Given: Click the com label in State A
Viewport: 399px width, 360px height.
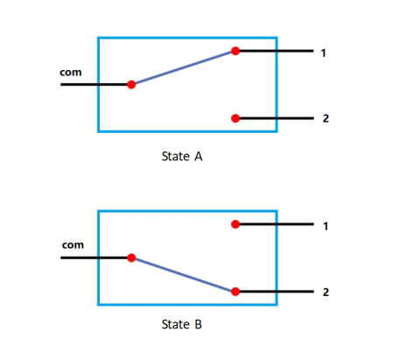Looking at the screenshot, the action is [71, 72].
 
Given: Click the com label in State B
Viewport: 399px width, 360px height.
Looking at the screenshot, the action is [73, 245].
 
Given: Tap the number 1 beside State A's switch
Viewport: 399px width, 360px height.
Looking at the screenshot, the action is [323, 53].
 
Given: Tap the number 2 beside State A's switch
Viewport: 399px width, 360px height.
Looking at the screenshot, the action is [325, 118].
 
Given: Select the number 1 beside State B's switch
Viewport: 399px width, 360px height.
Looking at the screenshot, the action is [325, 226].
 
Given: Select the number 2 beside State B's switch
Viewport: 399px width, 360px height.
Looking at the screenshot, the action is [325, 292].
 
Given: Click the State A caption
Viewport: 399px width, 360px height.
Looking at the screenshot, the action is [182, 157].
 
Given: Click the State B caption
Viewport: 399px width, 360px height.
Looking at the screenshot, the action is [182, 324].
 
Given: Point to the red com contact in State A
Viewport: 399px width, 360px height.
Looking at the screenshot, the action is [131, 85].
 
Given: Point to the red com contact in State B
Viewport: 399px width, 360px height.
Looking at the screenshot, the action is [131, 258].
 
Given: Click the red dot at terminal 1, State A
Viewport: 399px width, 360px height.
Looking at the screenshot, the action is [235, 51].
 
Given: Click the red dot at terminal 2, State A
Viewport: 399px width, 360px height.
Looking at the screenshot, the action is [235, 118].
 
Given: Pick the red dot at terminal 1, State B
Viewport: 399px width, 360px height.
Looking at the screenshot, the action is [235, 224].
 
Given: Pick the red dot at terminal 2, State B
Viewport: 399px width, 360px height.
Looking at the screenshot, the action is [235, 292].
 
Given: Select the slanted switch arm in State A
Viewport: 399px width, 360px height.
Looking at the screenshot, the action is [184, 67].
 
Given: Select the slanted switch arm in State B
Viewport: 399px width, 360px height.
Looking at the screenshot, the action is [184, 275].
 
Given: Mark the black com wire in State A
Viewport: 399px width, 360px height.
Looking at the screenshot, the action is [94, 85].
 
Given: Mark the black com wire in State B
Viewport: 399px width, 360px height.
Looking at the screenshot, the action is [94, 258].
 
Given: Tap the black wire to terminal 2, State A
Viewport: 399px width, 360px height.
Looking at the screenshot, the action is [276, 118].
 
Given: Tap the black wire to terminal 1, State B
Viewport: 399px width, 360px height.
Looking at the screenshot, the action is [276, 224].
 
